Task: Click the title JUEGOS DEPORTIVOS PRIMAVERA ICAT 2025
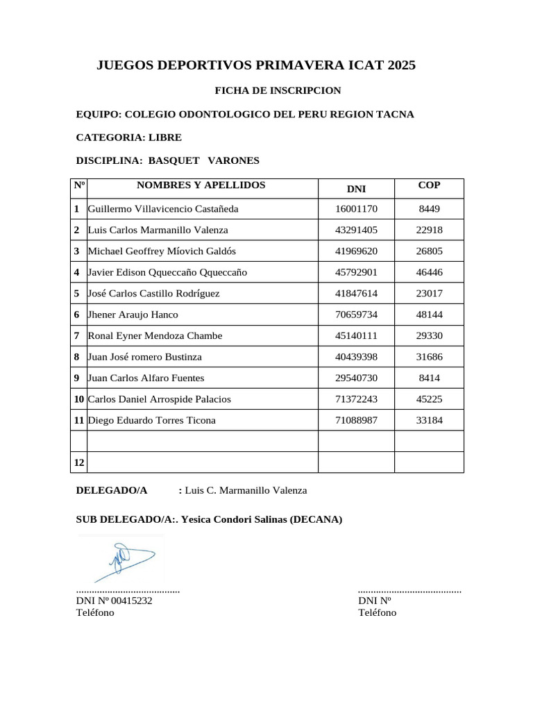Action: [255, 66]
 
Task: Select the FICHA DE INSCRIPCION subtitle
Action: [278, 90]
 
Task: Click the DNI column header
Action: [356, 189]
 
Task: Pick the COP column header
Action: [429, 185]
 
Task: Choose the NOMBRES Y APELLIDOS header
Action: [201, 185]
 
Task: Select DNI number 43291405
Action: [356, 230]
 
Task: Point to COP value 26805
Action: [429, 251]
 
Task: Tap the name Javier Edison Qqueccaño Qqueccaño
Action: [167, 272]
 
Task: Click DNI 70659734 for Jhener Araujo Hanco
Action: [356, 315]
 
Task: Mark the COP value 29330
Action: [429, 336]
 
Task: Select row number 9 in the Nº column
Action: [76, 378]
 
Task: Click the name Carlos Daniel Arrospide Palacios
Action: [159, 399]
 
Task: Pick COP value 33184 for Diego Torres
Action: [429, 421]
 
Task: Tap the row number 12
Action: [78, 462]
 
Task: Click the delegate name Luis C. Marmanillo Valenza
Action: [246, 490]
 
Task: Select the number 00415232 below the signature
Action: [130, 601]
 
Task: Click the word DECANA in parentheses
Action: [316, 519]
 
